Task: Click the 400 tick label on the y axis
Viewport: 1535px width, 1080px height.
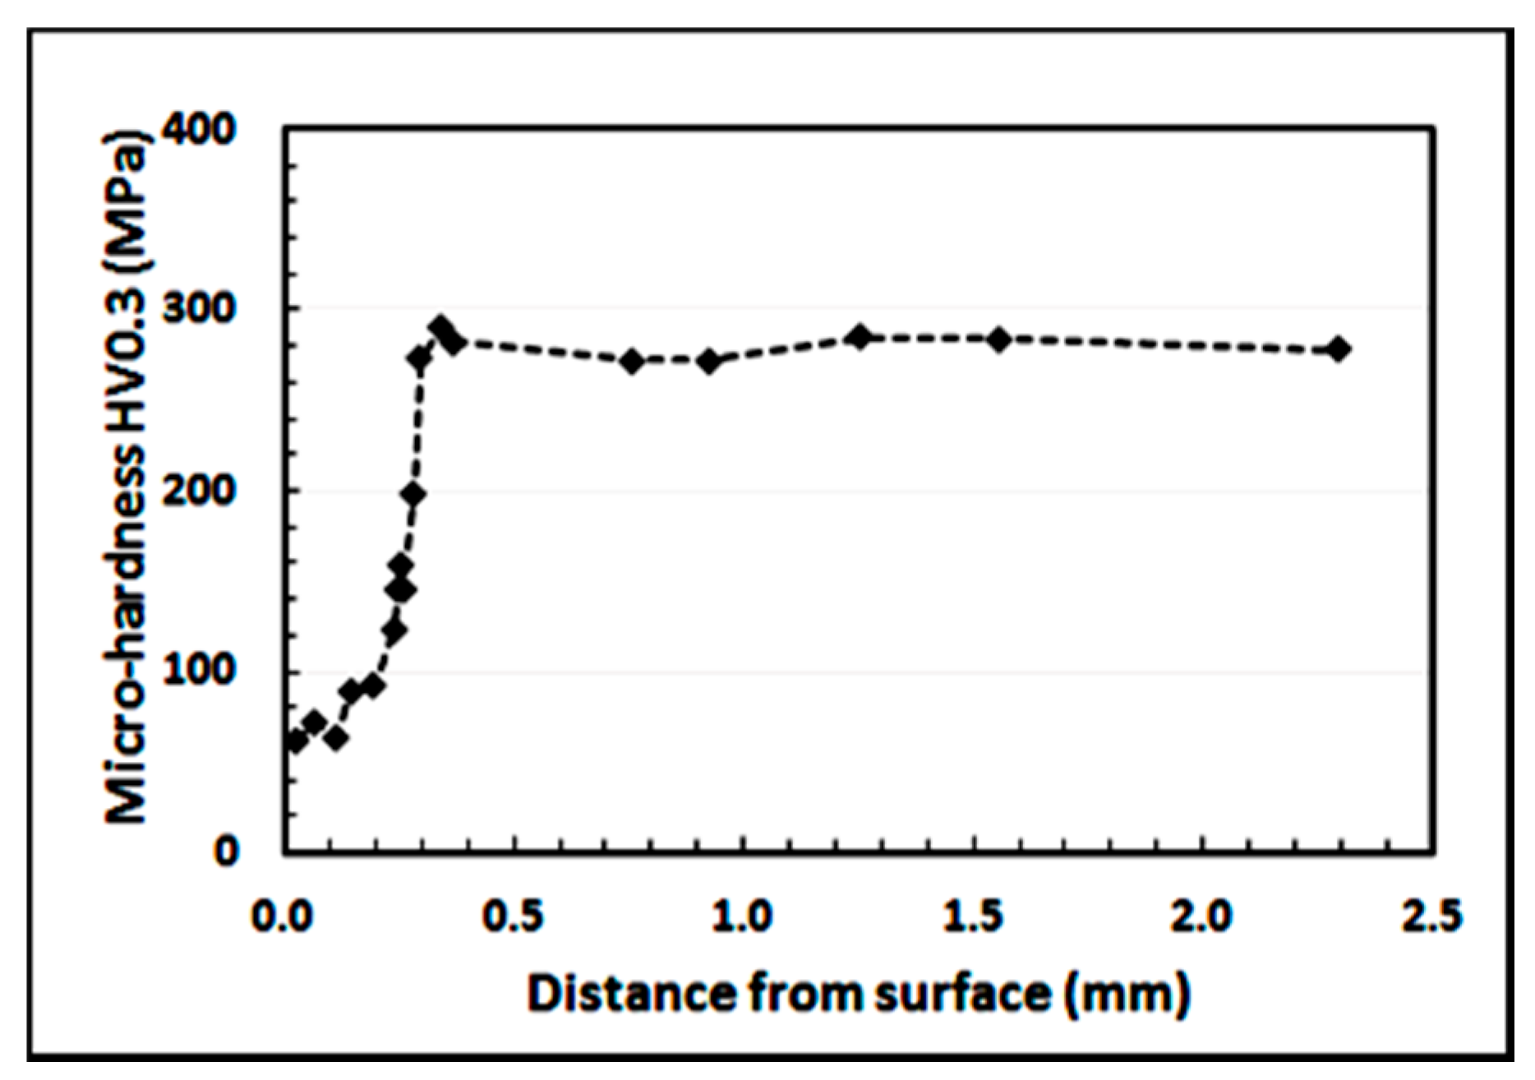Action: tap(200, 129)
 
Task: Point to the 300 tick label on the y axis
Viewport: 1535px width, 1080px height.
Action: tap(200, 309)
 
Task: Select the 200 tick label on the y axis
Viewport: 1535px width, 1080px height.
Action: tap(200, 491)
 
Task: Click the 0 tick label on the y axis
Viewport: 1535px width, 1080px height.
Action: tap(226, 852)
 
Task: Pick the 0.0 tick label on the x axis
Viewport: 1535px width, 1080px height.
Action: tap(283, 916)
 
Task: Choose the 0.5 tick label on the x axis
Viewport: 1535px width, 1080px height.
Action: tap(514, 916)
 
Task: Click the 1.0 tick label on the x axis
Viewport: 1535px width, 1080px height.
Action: tap(743, 916)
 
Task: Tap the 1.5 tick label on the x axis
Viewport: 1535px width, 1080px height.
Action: tap(973, 916)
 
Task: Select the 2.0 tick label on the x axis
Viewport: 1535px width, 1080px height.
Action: tap(1202, 916)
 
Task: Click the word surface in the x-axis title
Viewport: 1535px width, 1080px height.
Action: tap(963, 993)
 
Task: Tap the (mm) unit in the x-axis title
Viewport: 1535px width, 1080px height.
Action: tap(1127, 993)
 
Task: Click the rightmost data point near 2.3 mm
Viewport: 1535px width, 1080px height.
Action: tap(1339, 349)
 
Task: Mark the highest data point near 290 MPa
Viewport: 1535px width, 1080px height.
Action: tap(441, 328)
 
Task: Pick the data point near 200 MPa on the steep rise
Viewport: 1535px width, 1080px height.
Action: tap(413, 495)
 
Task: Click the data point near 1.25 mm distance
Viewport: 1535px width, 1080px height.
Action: tap(860, 336)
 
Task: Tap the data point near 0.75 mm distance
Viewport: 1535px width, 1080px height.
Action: tap(632, 361)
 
